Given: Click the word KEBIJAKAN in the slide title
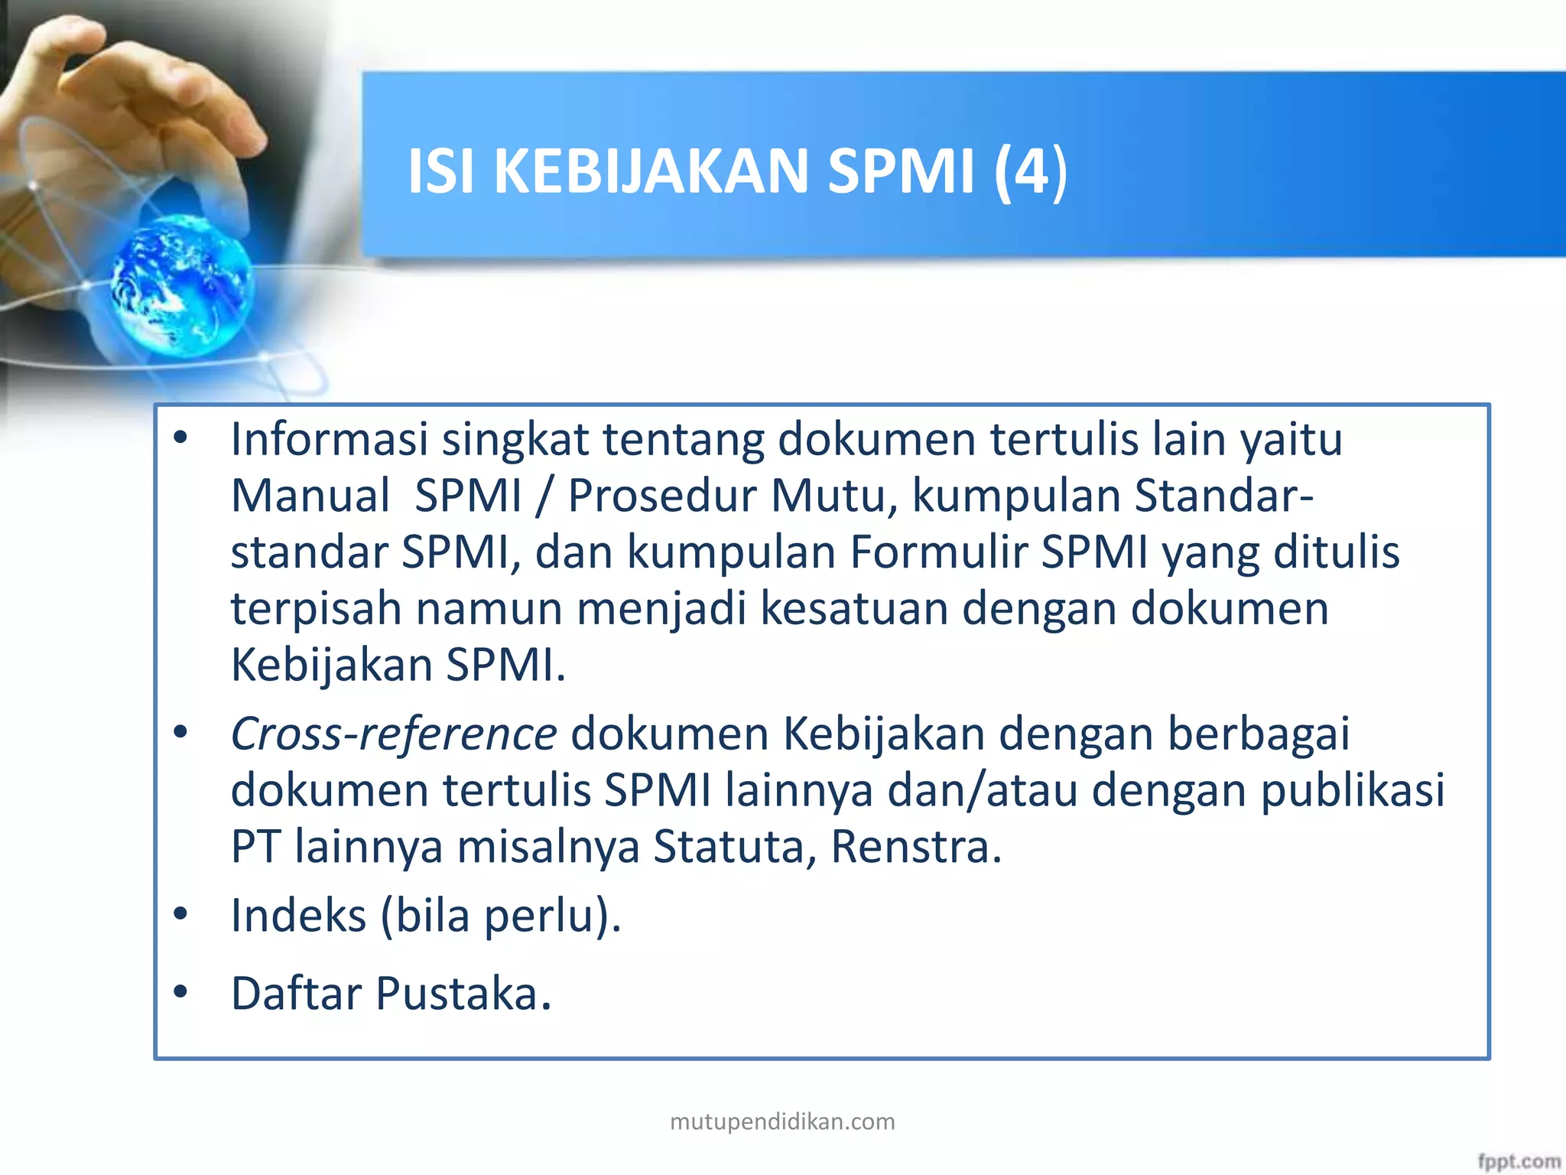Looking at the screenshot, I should click(650, 171).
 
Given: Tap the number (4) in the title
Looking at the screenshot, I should click(1031, 172).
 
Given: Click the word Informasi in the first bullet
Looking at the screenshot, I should click(329, 440).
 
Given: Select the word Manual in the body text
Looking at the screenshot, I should click(310, 496).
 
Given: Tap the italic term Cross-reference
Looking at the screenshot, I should click(394, 734).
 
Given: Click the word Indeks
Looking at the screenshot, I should click(298, 916).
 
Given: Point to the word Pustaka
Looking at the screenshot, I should click(463, 994).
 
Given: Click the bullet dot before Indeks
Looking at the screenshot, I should click(180, 913).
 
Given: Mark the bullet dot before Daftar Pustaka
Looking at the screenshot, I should click(180, 992).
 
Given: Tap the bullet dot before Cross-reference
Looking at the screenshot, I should click(180, 733).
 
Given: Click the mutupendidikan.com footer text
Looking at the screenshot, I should click(782, 1121).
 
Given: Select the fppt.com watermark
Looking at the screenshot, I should click(1519, 1161).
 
